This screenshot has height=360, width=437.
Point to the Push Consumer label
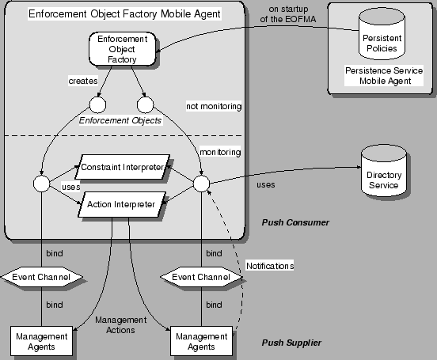point(295,223)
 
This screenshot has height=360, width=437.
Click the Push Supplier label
point(291,343)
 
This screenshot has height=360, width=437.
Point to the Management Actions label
point(120,325)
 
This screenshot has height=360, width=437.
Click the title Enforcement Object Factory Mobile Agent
point(124,14)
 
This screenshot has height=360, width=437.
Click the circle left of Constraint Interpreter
point(42,185)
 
